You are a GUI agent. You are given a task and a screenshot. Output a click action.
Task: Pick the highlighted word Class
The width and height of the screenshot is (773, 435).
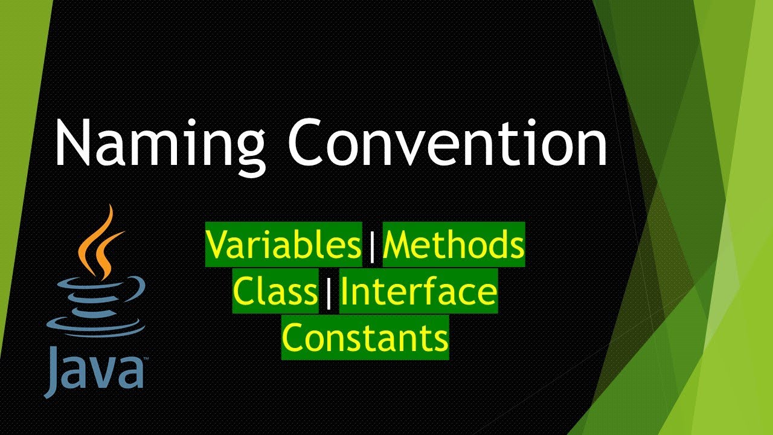(275, 292)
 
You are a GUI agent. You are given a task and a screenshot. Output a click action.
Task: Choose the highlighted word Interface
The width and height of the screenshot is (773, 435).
(419, 292)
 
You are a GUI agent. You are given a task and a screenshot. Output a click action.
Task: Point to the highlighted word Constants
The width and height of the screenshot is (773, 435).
(365, 338)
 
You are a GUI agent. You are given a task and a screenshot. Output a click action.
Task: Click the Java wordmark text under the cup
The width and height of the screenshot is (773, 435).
(94, 370)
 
